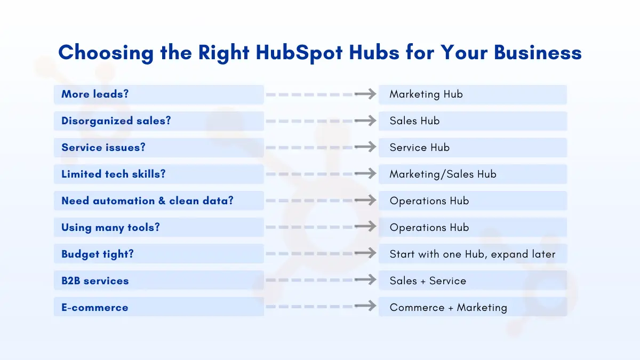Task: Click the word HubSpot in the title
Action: click(x=299, y=53)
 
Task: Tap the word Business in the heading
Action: click(x=538, y=53)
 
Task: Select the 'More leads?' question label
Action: click(x=95, y=94)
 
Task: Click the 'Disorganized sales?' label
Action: click(x=116, y=121)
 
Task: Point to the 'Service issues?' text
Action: click(x=103, y=147)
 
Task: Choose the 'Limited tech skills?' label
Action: click(x=114, y=174)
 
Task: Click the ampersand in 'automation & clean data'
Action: click(x=162, y=201)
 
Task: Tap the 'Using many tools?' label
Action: click(x=110, y=227)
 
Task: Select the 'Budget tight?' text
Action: click(x=98, y=254)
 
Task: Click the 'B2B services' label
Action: click(x=95, y=281)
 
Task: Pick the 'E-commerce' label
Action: click(x=95, y=307)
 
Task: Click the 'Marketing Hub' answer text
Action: click(x=426, y=94)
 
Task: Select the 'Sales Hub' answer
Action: click(x=414, y=121)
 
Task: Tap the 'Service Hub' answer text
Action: click(x=419, y=147)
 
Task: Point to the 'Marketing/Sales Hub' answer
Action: click(x=443, y=174)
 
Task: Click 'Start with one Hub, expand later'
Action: click(x=473, y=254)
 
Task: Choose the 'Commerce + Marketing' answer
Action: click(x=449, y=307)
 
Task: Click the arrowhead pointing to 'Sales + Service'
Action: click(x=371, y=279)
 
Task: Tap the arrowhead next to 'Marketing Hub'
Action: click(x=371, y=94)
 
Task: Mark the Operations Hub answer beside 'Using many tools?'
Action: click(x=429, y=228)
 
